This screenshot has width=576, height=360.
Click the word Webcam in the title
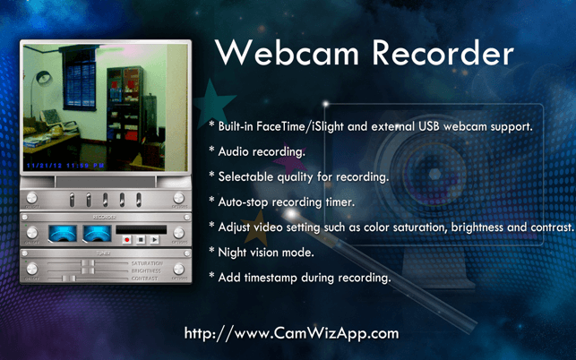[287, 54]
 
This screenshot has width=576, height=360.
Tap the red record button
[128, 240]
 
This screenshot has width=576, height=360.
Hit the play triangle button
[154, 240]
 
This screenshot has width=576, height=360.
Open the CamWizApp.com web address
[291, 333]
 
